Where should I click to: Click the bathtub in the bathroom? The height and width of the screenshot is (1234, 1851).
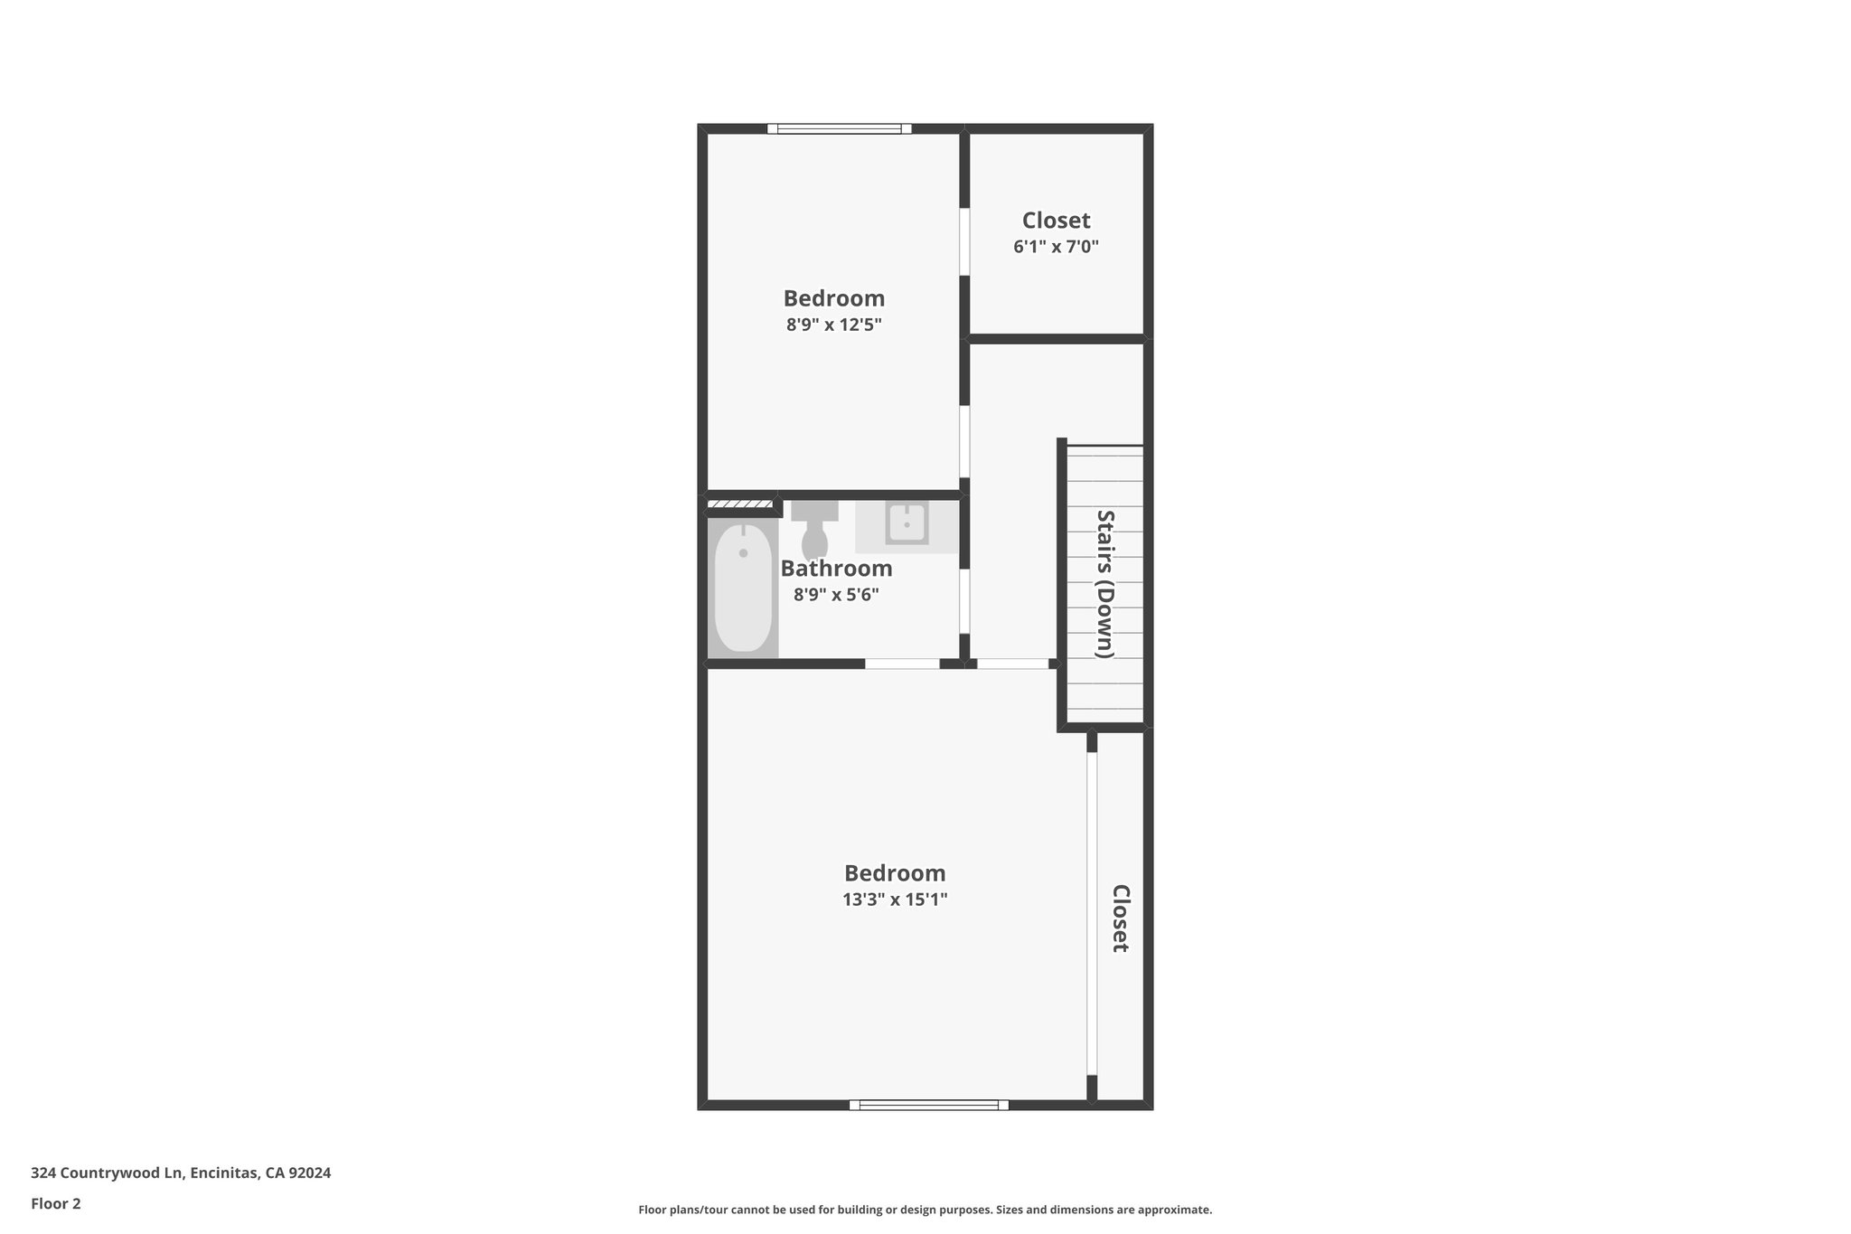click(x=743, y=588)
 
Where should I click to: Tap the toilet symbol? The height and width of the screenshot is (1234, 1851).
click(x=814, y=532)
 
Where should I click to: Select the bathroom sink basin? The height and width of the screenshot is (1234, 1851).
click(x=907, y=524)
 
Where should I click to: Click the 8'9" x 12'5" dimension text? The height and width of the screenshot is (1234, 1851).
click(x=833, y=325)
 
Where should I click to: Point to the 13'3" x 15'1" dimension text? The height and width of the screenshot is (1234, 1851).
click(x=895, y=900)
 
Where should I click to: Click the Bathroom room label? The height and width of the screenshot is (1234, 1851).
click(x=836, y=569)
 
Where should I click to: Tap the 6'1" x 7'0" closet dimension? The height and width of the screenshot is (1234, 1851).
click(x=1056, y=246)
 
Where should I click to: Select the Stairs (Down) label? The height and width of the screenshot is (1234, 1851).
click(x=1105, y=584)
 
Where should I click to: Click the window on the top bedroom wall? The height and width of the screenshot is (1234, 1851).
click(x=840, y=129)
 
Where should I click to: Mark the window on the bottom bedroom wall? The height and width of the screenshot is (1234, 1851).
click(x=929, y=1105)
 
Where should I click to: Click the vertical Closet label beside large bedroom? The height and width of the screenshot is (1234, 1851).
click(x=1120, y=918)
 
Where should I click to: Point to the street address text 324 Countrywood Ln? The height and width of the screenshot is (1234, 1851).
click(x=181, y=1173)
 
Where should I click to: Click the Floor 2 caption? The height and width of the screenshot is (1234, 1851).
click(x=56, y=1204)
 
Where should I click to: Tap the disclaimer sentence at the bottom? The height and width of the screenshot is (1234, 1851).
click(x=925, y=1210)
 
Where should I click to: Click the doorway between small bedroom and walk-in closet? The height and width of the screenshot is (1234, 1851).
click(x=964, y=241)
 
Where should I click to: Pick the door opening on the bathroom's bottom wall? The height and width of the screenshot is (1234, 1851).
click(x=902, y=664)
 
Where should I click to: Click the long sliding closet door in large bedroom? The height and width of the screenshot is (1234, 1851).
click(x=1092, y=913)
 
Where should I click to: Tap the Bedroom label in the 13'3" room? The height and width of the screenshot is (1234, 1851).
click(x=895, y=873)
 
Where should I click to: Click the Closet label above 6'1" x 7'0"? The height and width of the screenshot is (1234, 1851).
click(x=1056, y=221)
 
